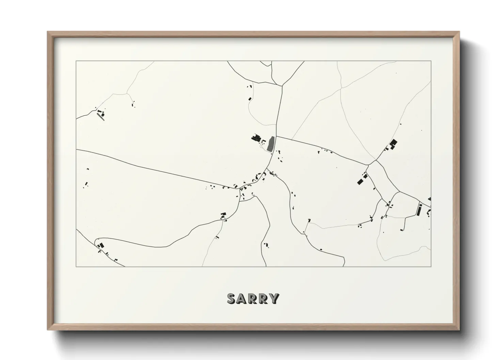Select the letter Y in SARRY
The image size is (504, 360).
pos(274,298)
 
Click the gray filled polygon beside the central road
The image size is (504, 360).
pos(271,144)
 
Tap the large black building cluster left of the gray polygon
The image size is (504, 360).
pos(256,138)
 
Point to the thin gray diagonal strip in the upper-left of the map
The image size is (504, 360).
pos(100,116)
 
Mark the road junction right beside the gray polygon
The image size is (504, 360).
pos(276,136)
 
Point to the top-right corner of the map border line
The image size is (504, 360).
pos(431,61)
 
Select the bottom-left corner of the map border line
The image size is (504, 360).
pos(76,266)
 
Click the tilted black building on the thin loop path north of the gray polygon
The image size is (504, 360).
pos(250,99)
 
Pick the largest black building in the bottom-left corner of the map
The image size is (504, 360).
pos(101,245)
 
